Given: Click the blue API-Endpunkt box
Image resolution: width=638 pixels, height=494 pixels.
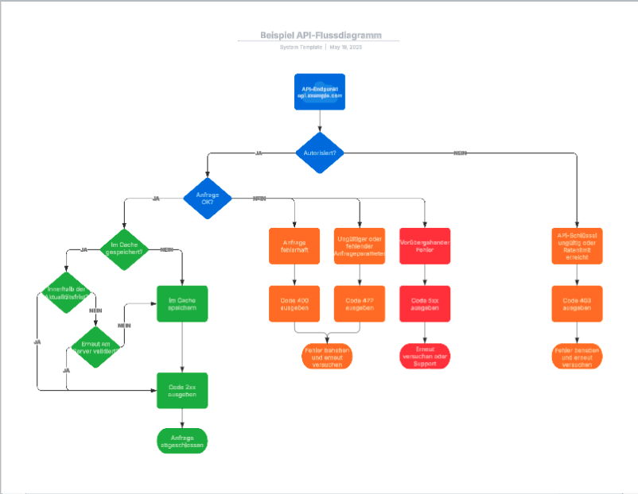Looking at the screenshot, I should click(320, 91).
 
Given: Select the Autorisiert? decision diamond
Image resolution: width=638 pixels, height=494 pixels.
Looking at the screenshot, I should click(320, 152).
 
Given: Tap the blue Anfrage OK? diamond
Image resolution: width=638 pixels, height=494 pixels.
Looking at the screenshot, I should click(208, 197).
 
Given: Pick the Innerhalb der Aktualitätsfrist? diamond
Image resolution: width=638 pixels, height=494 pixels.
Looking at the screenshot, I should click(67, 292).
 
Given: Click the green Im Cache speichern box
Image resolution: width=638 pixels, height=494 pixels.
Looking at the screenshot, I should click(182, 303).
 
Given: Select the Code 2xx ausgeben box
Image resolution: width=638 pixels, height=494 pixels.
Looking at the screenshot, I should click(182, 391).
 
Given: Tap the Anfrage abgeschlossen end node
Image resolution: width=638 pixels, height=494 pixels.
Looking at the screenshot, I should click(182, 441).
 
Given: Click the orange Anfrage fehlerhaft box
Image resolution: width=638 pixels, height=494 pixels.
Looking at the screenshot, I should click(295, 245).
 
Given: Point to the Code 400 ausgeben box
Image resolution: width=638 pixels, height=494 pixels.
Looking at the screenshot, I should click(295, 303).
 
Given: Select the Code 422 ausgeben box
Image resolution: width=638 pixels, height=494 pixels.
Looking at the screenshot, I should click(360, 303).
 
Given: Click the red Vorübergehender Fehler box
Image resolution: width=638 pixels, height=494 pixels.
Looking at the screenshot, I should click(424, 245).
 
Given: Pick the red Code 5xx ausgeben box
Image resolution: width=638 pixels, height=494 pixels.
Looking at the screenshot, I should click(424, 303).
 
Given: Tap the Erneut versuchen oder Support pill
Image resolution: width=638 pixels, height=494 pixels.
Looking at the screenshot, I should click(424, 357).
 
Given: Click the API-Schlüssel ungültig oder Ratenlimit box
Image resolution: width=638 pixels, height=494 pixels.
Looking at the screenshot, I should click(578, 245).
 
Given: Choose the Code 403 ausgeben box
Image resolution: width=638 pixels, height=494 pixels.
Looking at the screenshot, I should click(578, 303).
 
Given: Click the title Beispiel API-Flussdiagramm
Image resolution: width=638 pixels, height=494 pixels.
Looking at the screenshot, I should click(320, 35).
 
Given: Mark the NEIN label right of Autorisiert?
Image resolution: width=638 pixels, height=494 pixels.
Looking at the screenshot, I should click(460, 152).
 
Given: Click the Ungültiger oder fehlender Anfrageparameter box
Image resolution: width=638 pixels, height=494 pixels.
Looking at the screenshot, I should click(360, 245).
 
